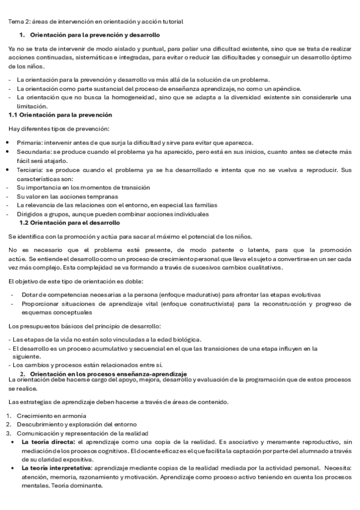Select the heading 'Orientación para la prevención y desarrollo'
[x=94, y=35]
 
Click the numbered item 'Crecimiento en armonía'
[x=51, y=416]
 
